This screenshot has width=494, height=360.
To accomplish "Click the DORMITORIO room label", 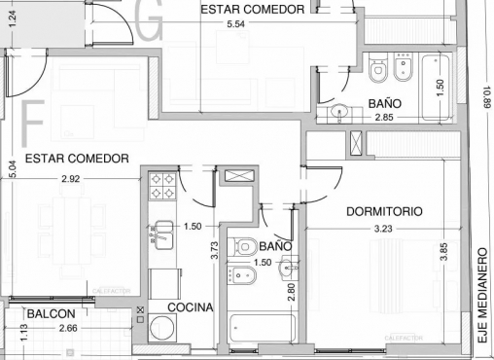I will pyautogui.click(x=384, y=210).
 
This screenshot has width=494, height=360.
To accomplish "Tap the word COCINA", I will pyautogui.click(x=190, y=307).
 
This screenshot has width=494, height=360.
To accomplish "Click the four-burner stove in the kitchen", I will pyautogui.click(x=162, y=185).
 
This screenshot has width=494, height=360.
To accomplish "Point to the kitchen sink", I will pyautogui.click(x=161, y=234).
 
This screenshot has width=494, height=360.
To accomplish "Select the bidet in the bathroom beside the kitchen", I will pyautogui.click(x=239, y=275).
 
